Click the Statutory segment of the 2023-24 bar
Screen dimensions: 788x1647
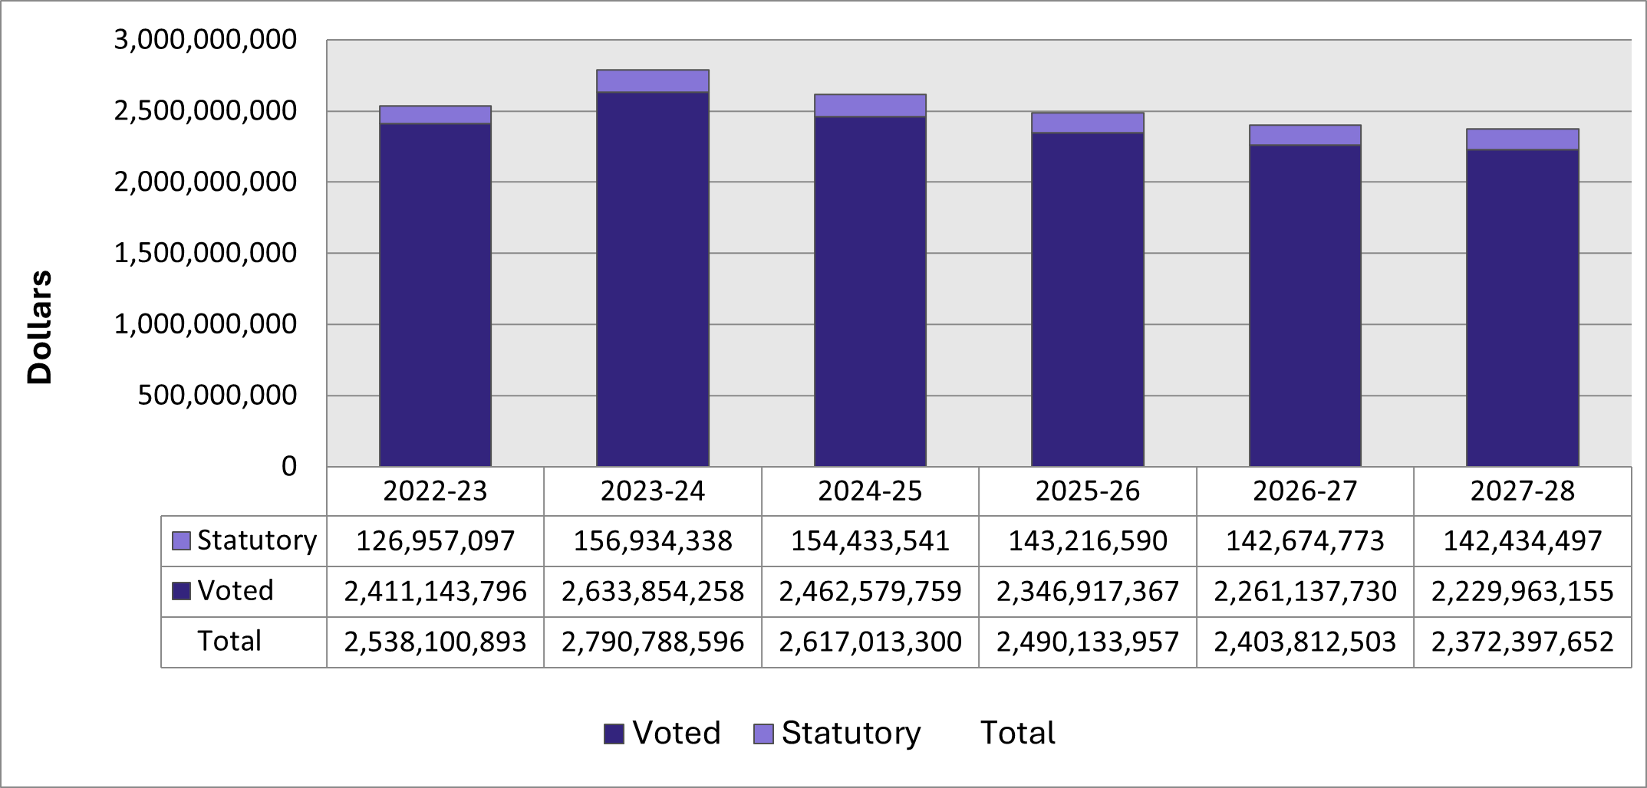(653, 81)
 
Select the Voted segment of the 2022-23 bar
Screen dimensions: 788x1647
(435, 295)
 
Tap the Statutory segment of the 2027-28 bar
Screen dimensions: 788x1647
(1522, 140)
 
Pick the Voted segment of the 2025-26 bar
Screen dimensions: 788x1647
(1087, 300)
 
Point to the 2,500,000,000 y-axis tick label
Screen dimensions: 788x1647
(205, 111)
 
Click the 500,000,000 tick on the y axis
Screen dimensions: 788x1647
(217, 396)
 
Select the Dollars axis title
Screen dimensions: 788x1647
(39, 327)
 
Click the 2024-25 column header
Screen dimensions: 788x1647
(870, 491)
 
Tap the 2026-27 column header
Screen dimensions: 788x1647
(1305, 491)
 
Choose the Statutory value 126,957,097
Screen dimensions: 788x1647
(435, 541)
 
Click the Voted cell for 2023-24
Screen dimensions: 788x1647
(653, 592)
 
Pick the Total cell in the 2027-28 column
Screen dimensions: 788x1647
(1522, 642)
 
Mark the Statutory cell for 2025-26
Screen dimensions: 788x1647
(1087, 541)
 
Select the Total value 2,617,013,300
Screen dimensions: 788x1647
(870, 642)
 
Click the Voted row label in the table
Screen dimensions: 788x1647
(236, 591)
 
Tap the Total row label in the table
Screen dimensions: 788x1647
(229, 641)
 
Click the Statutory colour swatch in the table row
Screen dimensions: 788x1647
(181, 541)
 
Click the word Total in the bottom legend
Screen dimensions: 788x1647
(1017, 734)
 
